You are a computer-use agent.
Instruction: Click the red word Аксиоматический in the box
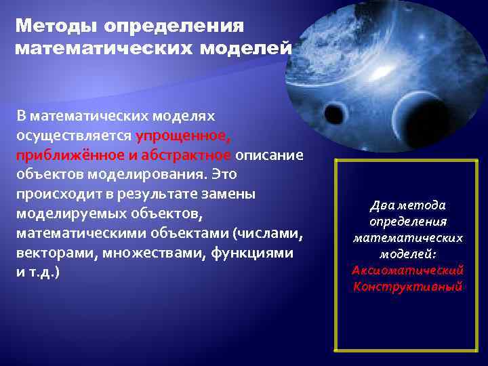coord(407,270)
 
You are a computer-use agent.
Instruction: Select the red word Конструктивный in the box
coord(407,287)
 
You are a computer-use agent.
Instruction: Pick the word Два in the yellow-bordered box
coord(380,205)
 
